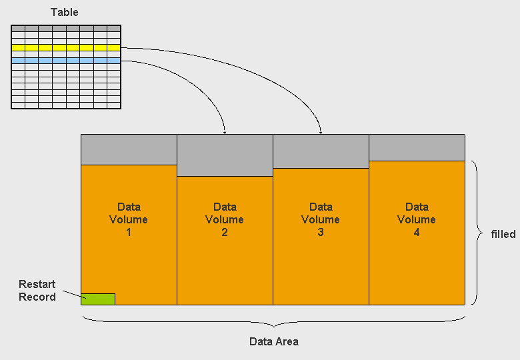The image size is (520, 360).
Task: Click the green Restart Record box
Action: (x=97, y=299)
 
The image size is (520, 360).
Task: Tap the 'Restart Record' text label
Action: (x=37, y=291)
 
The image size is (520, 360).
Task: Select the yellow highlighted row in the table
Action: (x=66, y=48)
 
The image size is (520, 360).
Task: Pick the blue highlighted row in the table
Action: (x=66, y=61)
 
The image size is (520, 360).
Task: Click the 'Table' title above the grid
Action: (x=65, y=13)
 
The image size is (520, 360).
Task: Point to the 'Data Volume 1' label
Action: (x=129, y=219)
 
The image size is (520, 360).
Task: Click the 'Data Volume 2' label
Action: (x=225, y=219)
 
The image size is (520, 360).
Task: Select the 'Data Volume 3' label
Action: (x=321, y=219)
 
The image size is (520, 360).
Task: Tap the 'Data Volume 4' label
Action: (x=417, y=219)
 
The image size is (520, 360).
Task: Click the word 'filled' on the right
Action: (x=503, y=235)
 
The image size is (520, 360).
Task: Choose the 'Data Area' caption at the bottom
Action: (x=273, y=342)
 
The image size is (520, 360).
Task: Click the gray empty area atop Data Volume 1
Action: (x=129, y=149)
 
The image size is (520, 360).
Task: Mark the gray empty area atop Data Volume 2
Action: (x=225, y=155)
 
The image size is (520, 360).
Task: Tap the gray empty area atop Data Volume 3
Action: (x=321, y=151)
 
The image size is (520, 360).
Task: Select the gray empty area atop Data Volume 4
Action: (x=417, y=147)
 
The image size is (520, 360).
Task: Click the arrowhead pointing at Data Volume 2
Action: (x=225, y=131)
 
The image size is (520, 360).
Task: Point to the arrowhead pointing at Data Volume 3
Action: (x=321, y=131)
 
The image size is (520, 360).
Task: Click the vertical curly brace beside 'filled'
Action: (x=476, y=233)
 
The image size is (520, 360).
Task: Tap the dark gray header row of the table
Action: (x=66, y=29)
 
